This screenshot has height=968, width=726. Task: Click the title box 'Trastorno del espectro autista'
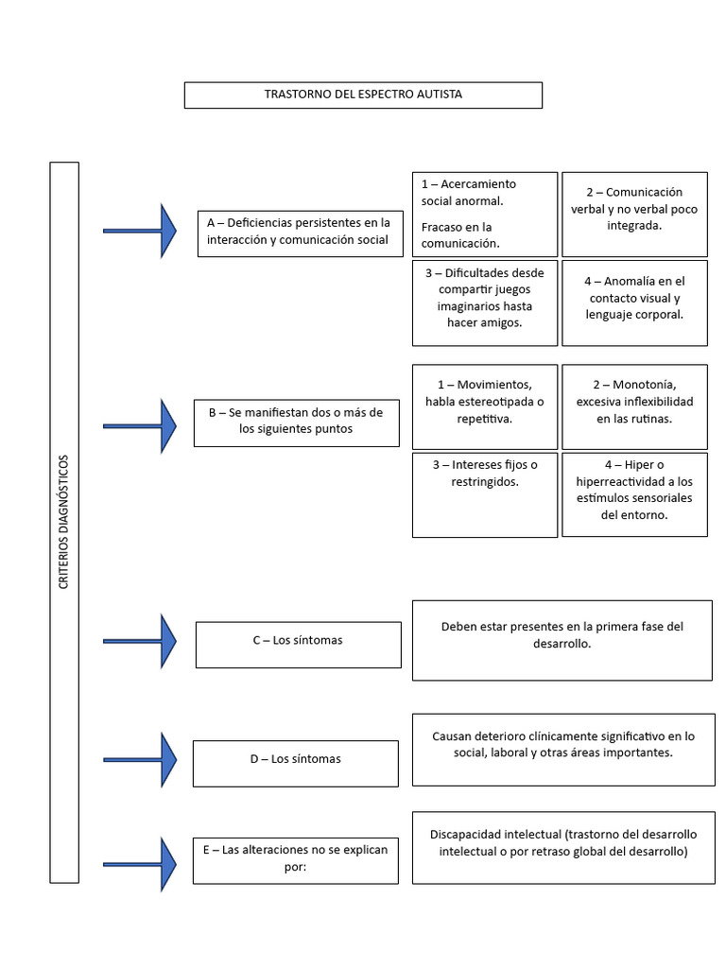tap(363, 95)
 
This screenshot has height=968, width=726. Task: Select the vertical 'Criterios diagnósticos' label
tap(63, 522)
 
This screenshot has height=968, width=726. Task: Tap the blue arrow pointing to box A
tap(142, 230)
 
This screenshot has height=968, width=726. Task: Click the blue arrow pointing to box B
tap(142, 425)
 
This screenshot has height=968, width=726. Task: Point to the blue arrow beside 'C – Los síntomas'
tap(142, 641)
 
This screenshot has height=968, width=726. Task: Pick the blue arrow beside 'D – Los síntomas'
tap(142, 759)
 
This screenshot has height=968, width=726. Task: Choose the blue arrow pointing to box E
tap(142, 863)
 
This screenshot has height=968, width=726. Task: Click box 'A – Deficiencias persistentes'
tap(298, 231)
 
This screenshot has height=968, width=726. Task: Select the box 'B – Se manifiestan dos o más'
tap(296, 421)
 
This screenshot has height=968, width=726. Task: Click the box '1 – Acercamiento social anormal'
tap(484, 214)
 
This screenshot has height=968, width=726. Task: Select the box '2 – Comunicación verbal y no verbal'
tap(634, 214)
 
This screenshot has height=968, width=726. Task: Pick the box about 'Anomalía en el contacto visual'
tap(634, 302)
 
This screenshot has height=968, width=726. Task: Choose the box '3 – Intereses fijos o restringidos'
tap(484, 494)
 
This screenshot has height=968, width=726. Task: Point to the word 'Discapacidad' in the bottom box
tap(466, 835)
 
